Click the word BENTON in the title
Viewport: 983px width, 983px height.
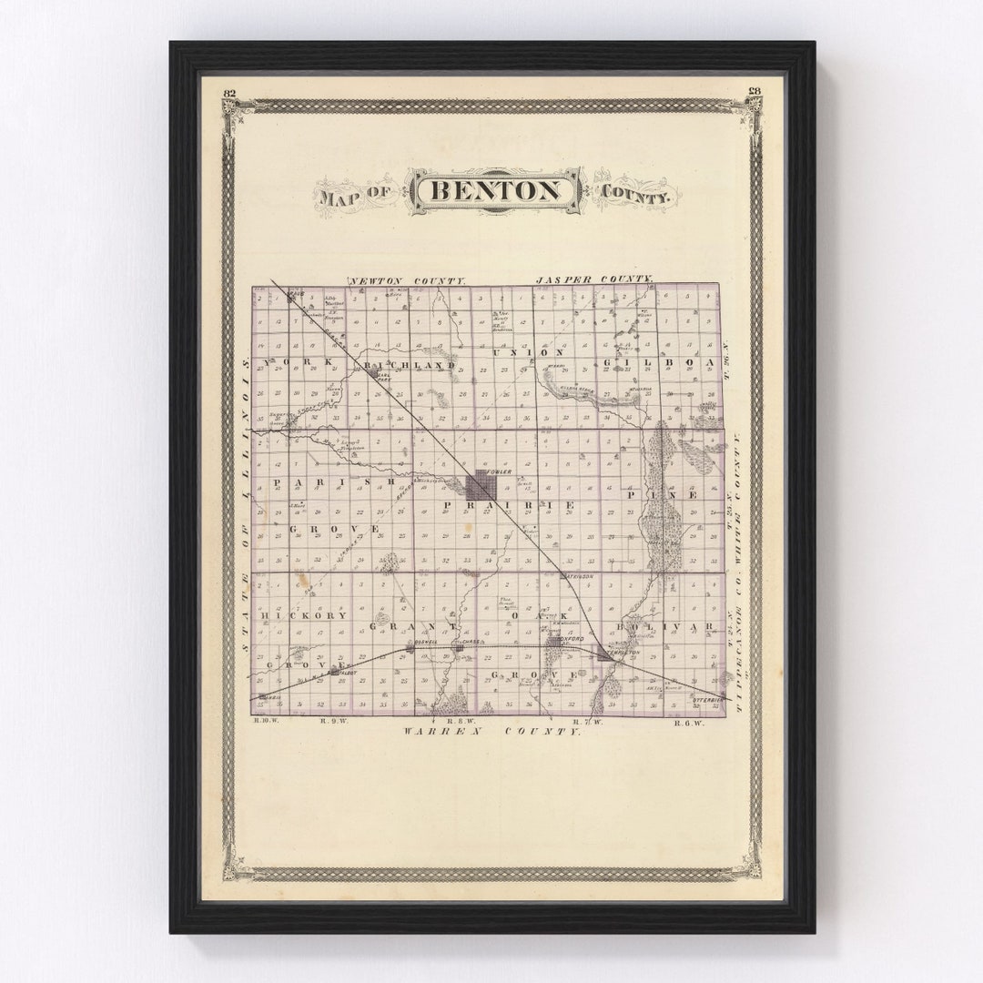494,191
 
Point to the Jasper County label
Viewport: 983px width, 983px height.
594,279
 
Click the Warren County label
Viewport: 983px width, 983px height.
491,731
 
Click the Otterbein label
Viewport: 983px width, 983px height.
707,700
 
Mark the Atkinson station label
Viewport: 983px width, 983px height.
580,576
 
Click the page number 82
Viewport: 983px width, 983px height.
228,92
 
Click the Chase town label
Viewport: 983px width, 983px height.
471,642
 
